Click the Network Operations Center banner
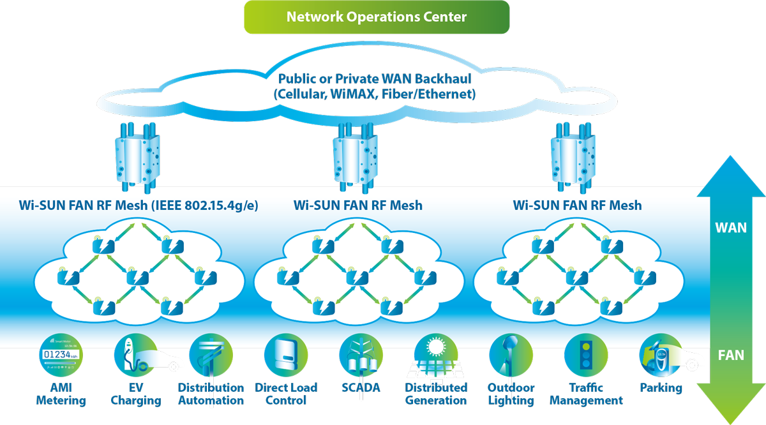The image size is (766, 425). click(x=377, y=17)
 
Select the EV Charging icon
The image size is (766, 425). click(x=136, y=356)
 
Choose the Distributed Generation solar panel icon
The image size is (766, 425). click(x=436, y=357)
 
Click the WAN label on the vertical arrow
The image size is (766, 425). click(x=731, y=228)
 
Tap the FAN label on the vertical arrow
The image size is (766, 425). click(x=731, y=355)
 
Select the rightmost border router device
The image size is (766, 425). click(x=573, y=158)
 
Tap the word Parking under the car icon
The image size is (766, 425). click(x=661, y=388)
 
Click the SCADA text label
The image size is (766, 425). click(x=361, y=388)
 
